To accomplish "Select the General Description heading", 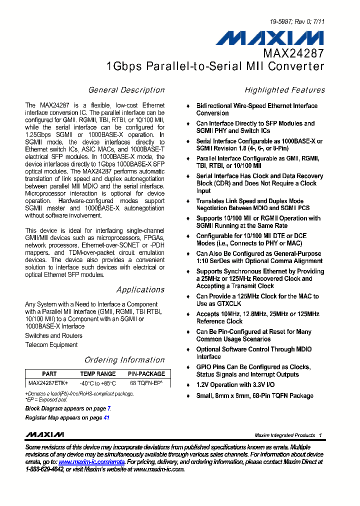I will (126, 90).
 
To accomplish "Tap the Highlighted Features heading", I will (284, 90).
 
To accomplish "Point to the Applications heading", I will (140, 289).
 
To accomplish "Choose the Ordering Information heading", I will (124, 360).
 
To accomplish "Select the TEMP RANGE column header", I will (98, 374).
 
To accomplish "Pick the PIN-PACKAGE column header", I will (146, 374).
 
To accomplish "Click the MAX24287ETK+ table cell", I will (48, 383).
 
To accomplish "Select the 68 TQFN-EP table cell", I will (147, 383).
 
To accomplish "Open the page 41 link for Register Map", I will (106, 417).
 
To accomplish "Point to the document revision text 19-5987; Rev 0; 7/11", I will (297, 22).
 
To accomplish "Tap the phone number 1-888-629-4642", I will (44, 469).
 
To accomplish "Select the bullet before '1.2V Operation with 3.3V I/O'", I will (188, 385).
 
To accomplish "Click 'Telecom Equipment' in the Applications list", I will (51, 345).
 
